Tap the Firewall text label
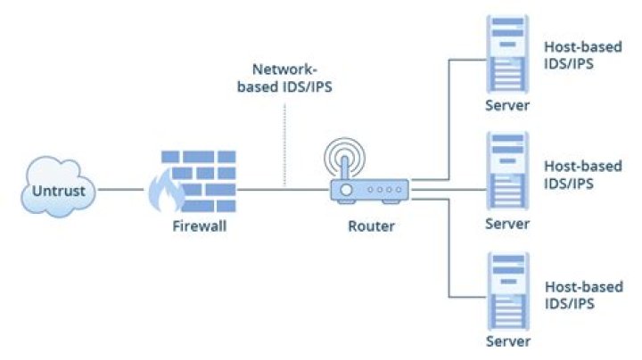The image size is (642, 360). (x=200, y=226)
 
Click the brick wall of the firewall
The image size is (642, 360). (x=207, y=178)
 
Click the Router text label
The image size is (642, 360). (x=371, y=226)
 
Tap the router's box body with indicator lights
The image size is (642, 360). (x=370, y=190)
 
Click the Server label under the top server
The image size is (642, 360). (x=507, y=105)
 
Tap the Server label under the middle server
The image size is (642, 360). (x=507, y=224)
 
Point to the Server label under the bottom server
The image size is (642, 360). (x=507, y=341)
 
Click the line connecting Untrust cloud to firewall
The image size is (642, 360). (x=120, y=189)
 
